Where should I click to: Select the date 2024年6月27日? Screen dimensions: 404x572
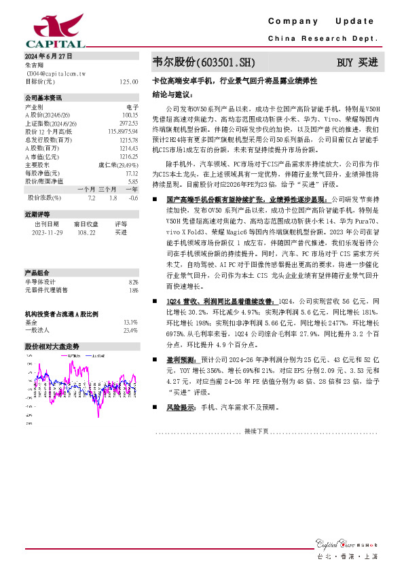[48, 56]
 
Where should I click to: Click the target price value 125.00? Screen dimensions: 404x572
[128, 81]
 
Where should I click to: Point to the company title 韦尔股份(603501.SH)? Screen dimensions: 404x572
[203, 62]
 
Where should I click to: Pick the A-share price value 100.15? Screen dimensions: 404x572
[130, 114]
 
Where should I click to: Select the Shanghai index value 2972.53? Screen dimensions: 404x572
[128, 122]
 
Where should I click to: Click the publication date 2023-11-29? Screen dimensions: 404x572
[48, 232]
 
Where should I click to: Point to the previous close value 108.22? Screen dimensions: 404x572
[86, 232]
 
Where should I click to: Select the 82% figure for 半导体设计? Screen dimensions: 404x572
[133, 281]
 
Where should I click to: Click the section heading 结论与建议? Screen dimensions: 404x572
[172, 94]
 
